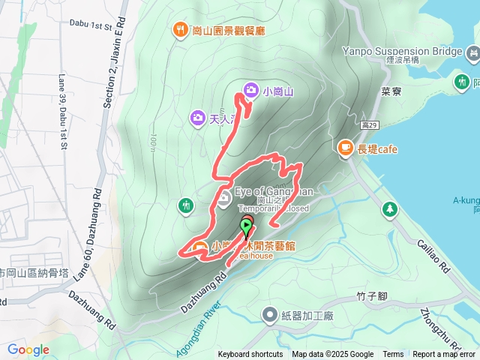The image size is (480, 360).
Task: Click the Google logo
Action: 28,349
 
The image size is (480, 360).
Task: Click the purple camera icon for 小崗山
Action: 251,91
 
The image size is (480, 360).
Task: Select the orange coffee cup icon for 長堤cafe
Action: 346,148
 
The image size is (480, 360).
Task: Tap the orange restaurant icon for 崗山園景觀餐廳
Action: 181,30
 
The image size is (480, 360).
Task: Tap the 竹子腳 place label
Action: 371,296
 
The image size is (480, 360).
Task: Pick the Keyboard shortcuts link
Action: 250,355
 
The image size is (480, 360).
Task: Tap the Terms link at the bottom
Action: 393,355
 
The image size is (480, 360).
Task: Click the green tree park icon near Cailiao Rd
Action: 389,208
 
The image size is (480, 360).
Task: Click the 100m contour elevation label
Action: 151,140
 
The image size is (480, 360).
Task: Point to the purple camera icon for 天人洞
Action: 197,117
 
